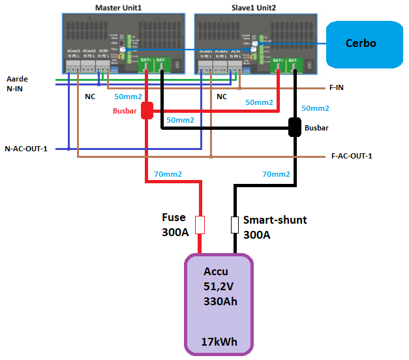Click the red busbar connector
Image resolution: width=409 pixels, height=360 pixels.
coord(146,110)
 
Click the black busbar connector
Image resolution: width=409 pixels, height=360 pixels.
coord(295,127)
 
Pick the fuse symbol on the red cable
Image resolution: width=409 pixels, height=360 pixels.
coord(200,225)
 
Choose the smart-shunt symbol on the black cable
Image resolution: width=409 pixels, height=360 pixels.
coord(235,225)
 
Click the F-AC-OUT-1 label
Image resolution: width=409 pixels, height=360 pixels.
coord(352,156)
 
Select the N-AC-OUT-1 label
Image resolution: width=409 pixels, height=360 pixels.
coord(27,148)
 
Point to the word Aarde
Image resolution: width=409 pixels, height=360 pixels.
coord(18,78)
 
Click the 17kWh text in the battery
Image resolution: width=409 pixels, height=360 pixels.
coord(219,342)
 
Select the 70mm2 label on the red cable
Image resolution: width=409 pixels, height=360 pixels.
coord(168,174)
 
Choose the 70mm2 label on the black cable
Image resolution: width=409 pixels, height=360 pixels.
coord(276,174)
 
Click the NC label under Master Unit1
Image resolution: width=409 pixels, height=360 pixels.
coord(90,97)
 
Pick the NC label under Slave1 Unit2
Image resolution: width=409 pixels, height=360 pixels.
coord(221,97)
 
